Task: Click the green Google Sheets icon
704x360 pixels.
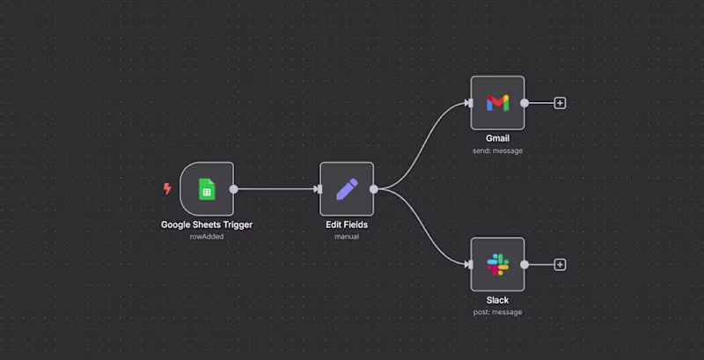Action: click(207, 188)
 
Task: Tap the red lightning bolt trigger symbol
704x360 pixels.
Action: click(167, 188)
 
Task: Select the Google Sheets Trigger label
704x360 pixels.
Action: click(207, 224)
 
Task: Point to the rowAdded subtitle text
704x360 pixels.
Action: click(207, 237)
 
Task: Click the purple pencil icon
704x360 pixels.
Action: click(347, 188)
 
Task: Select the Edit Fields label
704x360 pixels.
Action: click(347, 224)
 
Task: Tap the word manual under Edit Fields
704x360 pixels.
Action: click(347, 237)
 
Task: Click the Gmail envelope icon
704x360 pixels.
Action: click(497, 103)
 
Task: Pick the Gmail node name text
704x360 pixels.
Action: click(497, 138)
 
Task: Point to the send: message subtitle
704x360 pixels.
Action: click(497, 151)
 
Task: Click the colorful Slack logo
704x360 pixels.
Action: click(497, 264)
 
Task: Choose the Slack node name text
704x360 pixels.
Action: click(497, 300)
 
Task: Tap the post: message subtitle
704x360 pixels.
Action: click(497, 312)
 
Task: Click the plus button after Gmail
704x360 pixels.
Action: click(560, 103)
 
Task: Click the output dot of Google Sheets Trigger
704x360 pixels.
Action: click(233, 188)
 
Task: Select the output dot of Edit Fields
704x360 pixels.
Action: click(374, 188)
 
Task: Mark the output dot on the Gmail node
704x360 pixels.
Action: click(524, 103)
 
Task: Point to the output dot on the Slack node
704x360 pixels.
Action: click(524, 264)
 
